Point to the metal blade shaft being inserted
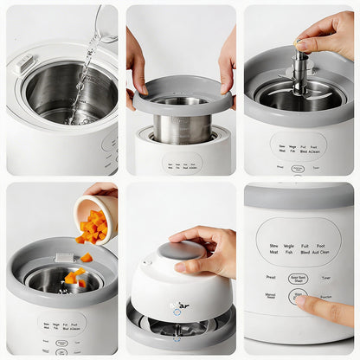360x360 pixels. (x=299, y=73)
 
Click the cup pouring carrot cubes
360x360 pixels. (x=94, y=215)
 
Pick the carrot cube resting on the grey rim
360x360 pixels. (x=87, y=257)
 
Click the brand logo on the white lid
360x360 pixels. (x=183, y=305)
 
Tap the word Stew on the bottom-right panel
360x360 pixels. (x=273, y=246)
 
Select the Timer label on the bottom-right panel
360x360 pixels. (x=325, y=278)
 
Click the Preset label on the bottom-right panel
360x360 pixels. (x=270, y=278)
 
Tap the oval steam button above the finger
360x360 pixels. (x=298, y=279)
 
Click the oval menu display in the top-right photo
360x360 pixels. (x=298, y=145)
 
